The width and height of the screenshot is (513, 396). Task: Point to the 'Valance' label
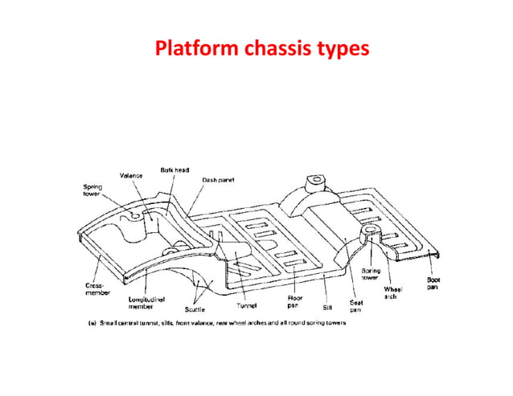click(x=132, y=175)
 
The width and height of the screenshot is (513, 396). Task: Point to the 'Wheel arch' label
click(x=392, y=290)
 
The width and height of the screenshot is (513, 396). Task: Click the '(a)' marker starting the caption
click(x=91, y=324)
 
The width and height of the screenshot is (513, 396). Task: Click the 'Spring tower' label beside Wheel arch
click(x=371, y=274)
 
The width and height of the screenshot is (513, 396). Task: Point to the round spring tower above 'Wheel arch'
click(x=371, y=234)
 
